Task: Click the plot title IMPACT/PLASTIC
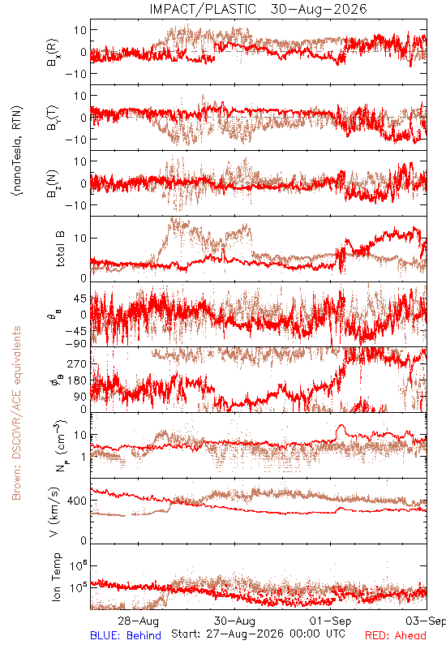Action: coord(203,9)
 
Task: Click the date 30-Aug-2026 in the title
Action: coord(319,9)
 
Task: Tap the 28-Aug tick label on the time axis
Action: coord(138,621)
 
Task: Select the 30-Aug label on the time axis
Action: coord(234,621)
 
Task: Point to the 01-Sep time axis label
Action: coord(331,621)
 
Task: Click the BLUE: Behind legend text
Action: coord(126,635)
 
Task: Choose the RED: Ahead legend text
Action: coord(396,635)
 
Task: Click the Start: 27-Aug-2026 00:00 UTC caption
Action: coord(258,634)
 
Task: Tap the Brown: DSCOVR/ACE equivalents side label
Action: coord(16,413)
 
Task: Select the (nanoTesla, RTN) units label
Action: coord(17,151)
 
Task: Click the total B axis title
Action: coord(60,249)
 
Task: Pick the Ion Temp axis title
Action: coord(56,577)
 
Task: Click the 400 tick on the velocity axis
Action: coord(77,501)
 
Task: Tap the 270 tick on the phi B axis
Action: coord(77,363)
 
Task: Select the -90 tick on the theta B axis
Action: coord(76,343)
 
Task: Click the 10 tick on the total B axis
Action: coord(80,238)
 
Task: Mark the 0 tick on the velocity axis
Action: coord(84,540)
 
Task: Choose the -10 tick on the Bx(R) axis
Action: coord(76,74)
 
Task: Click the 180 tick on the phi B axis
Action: coord(77,380)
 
